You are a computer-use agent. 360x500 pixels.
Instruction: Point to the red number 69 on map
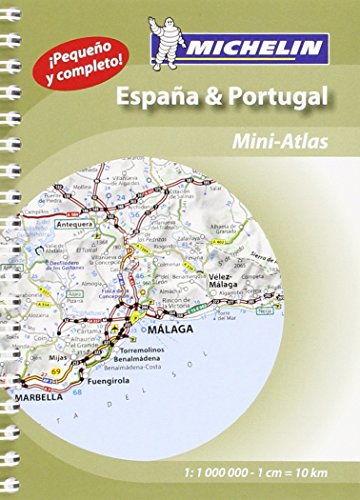pos(69,372)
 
